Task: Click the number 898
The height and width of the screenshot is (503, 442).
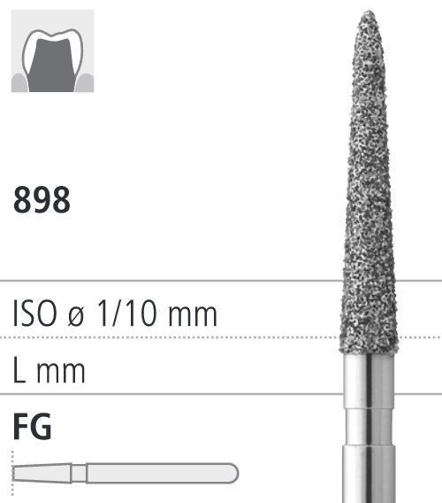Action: pyautogui.click(x=42, y=200)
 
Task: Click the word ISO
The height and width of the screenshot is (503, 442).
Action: pyautogui.click(x=34, y=313)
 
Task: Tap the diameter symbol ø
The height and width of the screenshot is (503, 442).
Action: pyautogui.click(x=76, y=317)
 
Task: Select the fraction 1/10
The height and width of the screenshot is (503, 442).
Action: pyautogui.click(x=126, y=313)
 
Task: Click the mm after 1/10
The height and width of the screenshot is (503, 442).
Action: pyautogui.click(x=193, y=317)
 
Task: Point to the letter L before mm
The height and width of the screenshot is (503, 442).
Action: pyautogui.click(x=19, y=370)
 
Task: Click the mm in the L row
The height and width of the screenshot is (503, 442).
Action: pyautogui.click(x=61, y=373)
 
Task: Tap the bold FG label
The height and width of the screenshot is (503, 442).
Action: pyautogui.click(x=32, y=426)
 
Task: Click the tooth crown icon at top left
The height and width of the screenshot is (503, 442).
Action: pyautogui.click(x=52, y=51)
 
